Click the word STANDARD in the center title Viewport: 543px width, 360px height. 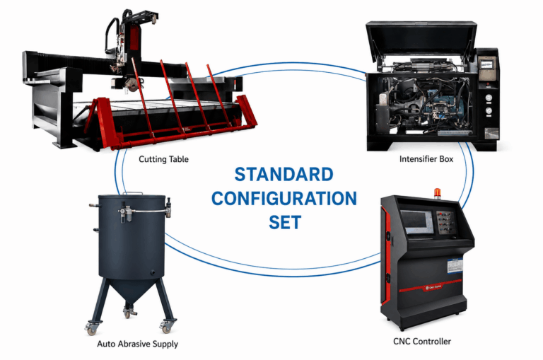tap(284, 174)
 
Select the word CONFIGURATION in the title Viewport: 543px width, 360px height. tap(284, 199)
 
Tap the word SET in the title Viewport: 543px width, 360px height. tap(285, 222)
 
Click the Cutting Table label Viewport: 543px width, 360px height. tap(163, 159)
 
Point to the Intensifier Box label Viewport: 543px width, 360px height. tap(426, 159)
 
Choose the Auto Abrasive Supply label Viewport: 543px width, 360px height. tap(137, 344)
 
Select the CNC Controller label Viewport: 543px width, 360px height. tap(422, 342)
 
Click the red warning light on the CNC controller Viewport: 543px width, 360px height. tap(438, 194)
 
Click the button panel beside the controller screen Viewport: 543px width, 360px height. tap(445, 222)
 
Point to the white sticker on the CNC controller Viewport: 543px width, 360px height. tap(455, 265)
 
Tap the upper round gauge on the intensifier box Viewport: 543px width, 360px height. tap(489, 98)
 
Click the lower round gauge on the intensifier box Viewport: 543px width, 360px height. tap(489, 111)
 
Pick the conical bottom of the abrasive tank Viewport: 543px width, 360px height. tap(132, 291)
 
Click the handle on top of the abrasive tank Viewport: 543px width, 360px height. tap(132, 194)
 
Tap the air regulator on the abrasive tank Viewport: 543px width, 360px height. tap(124, 212)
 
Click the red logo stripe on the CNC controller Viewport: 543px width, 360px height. tap(430, 287)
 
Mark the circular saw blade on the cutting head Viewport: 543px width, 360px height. tap(132, 85)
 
